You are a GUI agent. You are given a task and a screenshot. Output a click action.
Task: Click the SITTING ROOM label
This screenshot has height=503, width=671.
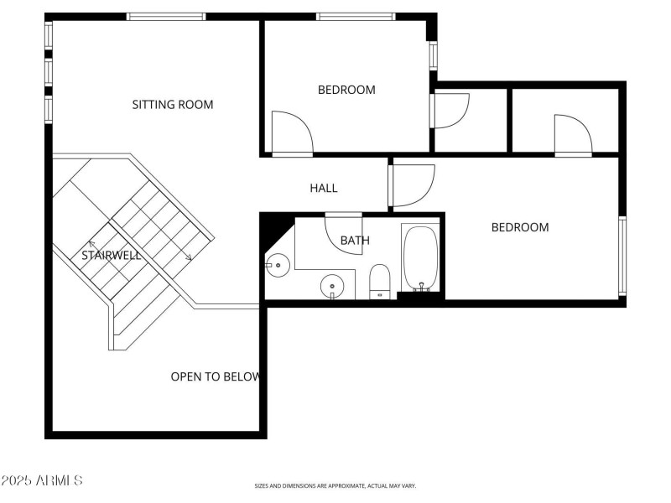pyautogui.click(x=173, y=105)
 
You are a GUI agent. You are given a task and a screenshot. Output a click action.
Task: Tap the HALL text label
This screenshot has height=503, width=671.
pyautogui.click(x=324, y=189)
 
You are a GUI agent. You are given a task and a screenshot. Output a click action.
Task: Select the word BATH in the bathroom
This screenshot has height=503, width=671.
pyautogui.click(x=355, y=241)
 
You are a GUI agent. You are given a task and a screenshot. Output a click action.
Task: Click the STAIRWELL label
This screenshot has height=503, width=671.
pyautogui.click(x=111, y=255)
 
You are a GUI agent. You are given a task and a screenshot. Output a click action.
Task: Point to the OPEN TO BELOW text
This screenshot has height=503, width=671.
pyautogui.click(x=216, y=376)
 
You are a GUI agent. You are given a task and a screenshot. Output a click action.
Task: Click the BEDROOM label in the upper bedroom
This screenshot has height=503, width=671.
pyautogui.click(x=346, y=90)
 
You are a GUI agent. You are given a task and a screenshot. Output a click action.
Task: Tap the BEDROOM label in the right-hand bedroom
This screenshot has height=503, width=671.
pyautogui.click(x=520, y=227)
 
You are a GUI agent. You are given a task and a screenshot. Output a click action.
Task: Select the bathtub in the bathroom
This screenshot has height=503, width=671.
pyautogui.click(x=419, y=257)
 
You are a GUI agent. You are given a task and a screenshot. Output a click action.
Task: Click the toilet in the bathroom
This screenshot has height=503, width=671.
pyautogui.click(x=380, y=281)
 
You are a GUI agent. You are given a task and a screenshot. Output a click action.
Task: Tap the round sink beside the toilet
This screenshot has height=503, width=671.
pyautogui.click(x=333, y=286)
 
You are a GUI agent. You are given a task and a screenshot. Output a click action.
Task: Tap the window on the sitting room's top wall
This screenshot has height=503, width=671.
pyautogui.click(x=166, y=16)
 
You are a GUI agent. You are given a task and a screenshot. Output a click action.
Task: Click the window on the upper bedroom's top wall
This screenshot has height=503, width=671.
pyautogui.click(x=356, y=16)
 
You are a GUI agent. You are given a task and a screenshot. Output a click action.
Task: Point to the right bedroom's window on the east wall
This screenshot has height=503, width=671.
pyautogui.click(x=622, y=256)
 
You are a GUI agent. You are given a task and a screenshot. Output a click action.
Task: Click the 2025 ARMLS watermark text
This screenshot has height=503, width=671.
pyautogui.click(x=42, y=480)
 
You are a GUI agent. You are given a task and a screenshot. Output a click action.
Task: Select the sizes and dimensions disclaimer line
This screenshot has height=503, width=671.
pyautogui.click(x=335, y=485)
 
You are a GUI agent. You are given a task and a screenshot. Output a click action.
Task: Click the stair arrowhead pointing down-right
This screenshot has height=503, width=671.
pyautogui.click(x=190, y=258)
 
